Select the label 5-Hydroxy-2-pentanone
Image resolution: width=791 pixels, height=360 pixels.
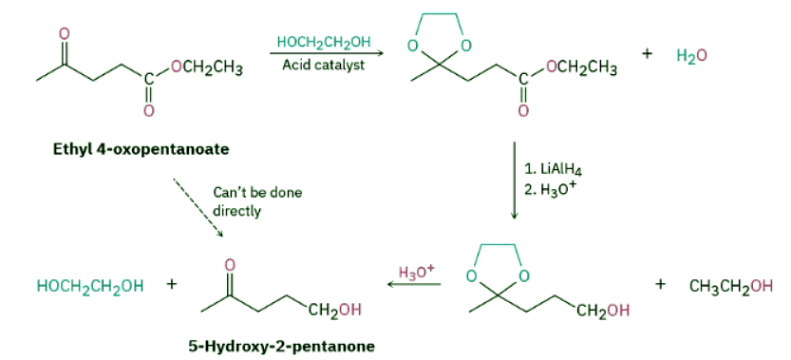point(281,345)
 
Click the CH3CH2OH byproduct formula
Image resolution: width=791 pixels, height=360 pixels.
point(732,286)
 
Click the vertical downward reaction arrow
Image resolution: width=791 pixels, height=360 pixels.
point(514,180)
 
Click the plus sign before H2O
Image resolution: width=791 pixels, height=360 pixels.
point(647,55)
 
